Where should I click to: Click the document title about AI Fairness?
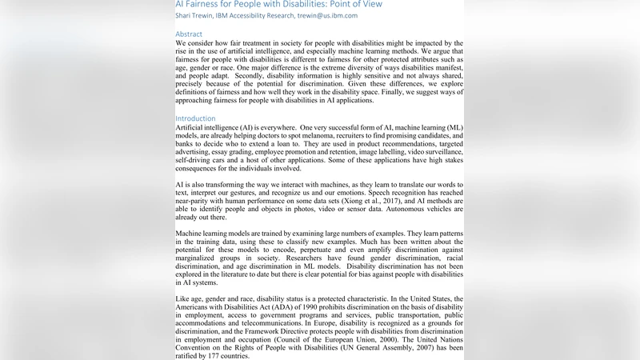click(278, 4)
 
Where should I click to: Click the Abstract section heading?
click(189, 34)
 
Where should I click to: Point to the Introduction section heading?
click(196, 118)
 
